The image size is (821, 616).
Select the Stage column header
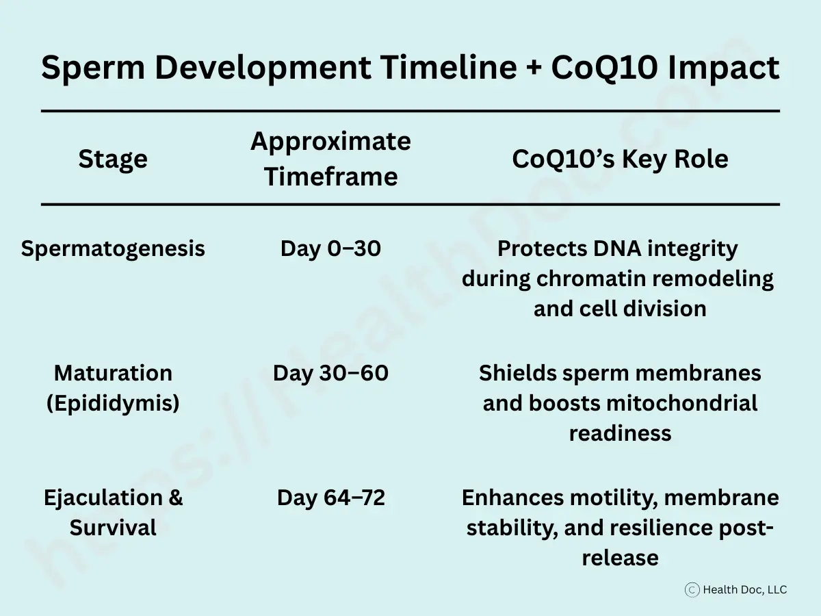click(113, 159)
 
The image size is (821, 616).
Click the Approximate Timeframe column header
click(330, 159)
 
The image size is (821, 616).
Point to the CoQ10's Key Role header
click(620, 159)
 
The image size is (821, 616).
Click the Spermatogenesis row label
click(113, 248)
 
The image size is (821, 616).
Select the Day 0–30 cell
click(330, 248)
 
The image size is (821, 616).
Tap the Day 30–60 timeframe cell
click(330, 373)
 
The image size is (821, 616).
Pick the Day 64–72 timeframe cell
click(330, 498)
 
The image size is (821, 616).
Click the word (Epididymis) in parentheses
click(113, 403)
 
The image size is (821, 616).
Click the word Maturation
click(113, 373)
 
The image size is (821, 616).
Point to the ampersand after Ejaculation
click(175, 498)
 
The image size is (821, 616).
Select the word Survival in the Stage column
click(113, 528)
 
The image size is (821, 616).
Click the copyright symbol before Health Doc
click(692, 589)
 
